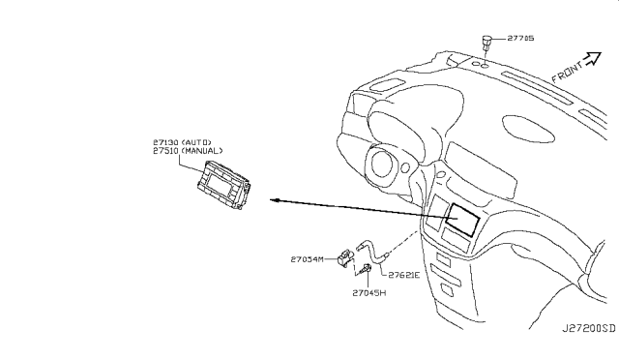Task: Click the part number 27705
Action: (x=520, y=39)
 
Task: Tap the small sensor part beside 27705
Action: (x=486, y=43)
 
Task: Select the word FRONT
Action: (x=567, y=72)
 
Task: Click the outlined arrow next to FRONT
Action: (x=593, y=58)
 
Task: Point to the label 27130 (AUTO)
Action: (x=182, y=142)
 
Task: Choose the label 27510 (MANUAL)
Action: (x=188, y=151)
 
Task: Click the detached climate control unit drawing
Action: (x=223, y=185)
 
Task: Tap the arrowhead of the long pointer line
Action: (x=275, y=200)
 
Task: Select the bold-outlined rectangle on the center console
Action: (x=462, y=220)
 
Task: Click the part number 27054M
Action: (x=307, y=259)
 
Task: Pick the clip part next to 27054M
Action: (x=345, y=257)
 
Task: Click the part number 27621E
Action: (x=404, y=275)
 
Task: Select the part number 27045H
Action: (x=369, y=293)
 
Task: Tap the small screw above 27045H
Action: (x=366, y=269)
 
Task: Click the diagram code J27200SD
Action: (x=589, y=328)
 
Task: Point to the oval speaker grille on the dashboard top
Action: (x=530, y=129)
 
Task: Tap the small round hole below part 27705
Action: (x=485, y=64)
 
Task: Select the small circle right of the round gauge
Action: (x=405, y=167)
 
